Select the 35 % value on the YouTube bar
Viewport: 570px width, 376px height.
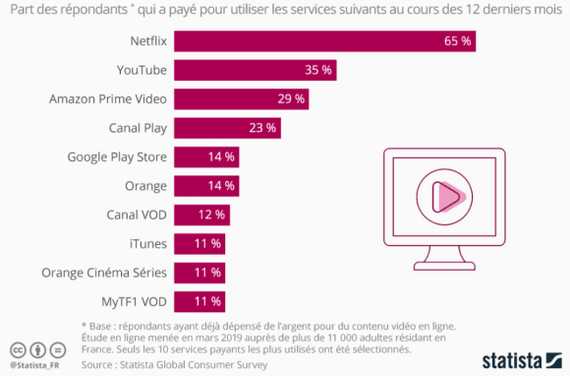pos(318,70)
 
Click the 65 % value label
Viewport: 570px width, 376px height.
pos(456,41)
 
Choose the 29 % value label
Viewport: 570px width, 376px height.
pos(291,99)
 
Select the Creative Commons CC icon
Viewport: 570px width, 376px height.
pos(17,350)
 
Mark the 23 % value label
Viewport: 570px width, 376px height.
pos(262,128)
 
